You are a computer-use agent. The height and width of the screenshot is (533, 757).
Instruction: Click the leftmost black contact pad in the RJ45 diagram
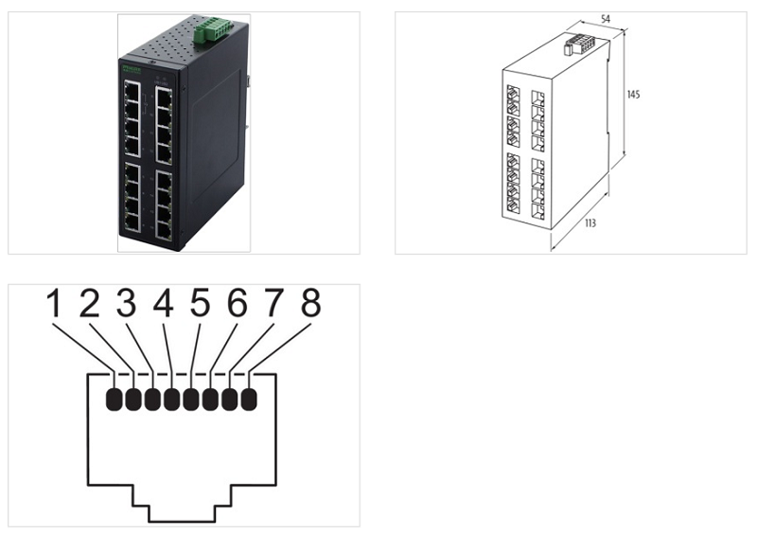tap(114, 400)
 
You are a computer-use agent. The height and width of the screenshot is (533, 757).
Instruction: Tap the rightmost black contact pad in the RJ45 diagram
tap(249, 400)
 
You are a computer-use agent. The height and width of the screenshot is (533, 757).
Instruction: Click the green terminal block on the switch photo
tap(209, 31)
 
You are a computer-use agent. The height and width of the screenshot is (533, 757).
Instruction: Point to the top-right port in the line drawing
tap(539, 99)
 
